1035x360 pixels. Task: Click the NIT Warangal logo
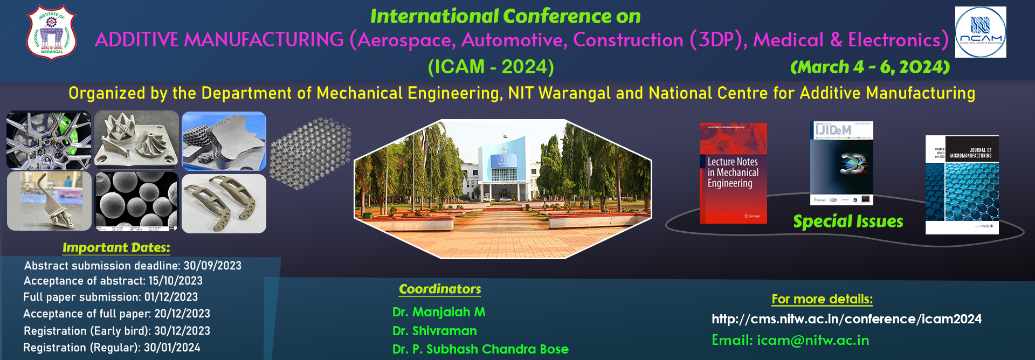52,32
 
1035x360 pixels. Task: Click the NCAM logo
980,32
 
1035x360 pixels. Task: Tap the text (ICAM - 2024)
491,67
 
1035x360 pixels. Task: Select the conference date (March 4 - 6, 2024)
870,67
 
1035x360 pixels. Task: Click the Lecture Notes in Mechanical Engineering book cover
733,173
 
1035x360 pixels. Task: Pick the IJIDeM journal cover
841,163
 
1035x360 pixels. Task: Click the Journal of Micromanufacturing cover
962,184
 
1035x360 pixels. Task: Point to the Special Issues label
848,221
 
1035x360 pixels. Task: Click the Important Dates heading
116,247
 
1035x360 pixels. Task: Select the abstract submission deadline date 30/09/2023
212,266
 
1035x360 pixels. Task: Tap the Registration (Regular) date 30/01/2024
172,348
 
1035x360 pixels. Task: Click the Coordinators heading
440,289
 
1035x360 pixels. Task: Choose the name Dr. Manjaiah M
439,312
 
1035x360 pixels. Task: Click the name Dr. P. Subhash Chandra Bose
480,349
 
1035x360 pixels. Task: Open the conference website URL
846,319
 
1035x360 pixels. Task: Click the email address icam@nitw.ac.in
813,340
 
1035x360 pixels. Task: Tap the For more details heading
822,299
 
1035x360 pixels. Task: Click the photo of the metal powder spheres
136,201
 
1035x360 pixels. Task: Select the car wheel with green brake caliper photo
49,140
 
